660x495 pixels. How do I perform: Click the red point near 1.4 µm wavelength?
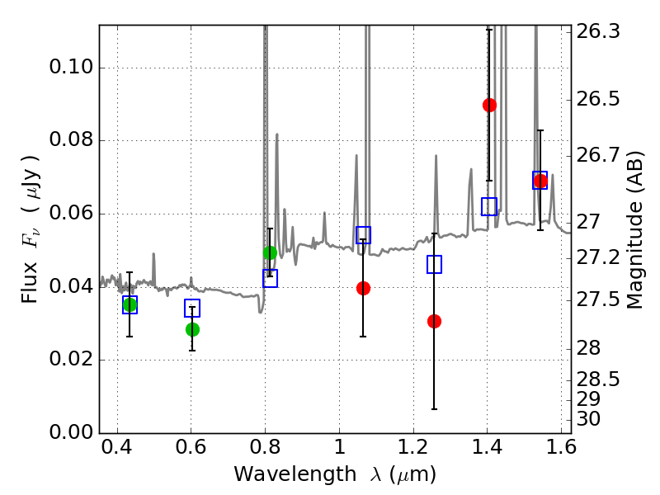(489, 105)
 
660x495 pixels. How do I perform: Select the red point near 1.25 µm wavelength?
(434, 322)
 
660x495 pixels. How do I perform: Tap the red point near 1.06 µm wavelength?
(363, 288)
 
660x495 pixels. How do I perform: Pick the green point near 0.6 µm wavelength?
(192, 329)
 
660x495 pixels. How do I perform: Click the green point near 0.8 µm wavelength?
(270, 253)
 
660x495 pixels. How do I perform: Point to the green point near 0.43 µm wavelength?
(130, 304)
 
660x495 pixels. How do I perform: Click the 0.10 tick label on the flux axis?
(71, 67)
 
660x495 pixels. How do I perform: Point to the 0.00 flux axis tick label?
(71, 432)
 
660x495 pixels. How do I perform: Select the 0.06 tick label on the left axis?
(71, 213)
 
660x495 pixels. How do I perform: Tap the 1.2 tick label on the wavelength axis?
(413, 447)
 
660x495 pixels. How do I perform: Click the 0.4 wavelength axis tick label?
(117, 447)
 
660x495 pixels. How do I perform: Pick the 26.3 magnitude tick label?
(597, 31)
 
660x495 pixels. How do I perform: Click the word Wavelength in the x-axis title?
(295, 474)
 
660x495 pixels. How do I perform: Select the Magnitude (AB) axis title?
(634, 230)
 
